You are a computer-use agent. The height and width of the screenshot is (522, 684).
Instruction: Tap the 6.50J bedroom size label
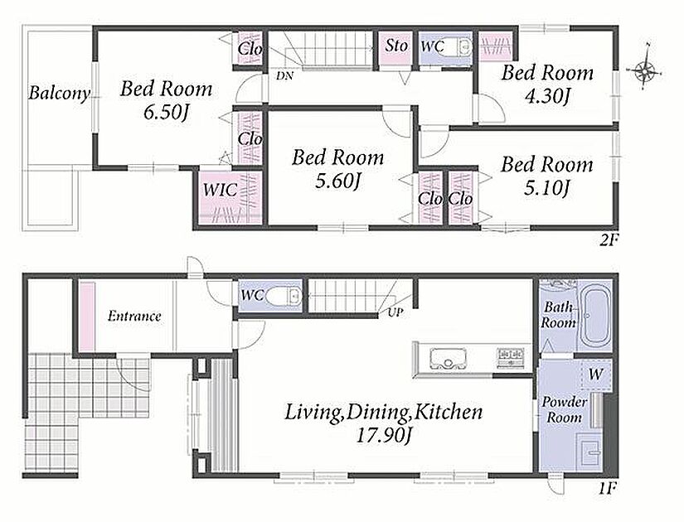166,113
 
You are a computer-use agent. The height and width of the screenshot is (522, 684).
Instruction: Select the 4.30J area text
547,96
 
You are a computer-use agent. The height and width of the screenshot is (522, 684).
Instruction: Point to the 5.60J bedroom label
338,181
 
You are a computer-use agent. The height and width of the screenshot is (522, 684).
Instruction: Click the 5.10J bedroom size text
547,188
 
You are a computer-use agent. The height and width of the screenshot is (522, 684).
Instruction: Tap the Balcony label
60,93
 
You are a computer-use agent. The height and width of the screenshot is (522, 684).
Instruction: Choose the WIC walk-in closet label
221,190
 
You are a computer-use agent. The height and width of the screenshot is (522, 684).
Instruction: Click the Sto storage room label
396,45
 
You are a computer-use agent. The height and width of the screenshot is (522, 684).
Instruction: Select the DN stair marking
284,76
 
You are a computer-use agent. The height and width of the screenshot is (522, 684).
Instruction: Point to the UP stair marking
396,312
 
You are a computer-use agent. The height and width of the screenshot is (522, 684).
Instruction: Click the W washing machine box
596,375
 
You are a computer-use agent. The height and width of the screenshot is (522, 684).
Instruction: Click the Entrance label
134,316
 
